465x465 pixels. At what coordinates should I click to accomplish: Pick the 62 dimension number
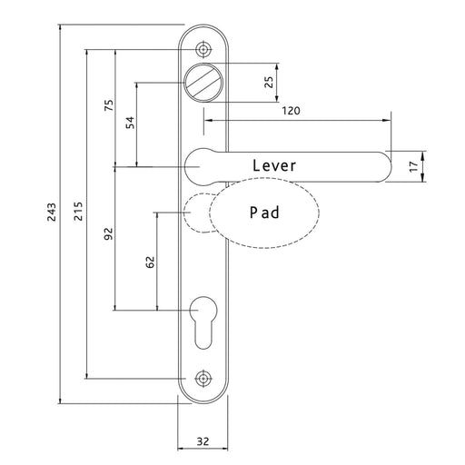pos(151,262)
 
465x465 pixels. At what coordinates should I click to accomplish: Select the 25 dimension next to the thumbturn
pos(269,82)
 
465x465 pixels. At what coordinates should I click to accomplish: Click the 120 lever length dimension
pos(290,111)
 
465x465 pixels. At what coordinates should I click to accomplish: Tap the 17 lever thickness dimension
pos(413,166)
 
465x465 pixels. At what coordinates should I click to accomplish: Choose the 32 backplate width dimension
pos(203,441)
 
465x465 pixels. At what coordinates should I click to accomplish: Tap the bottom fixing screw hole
pos(202,378)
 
